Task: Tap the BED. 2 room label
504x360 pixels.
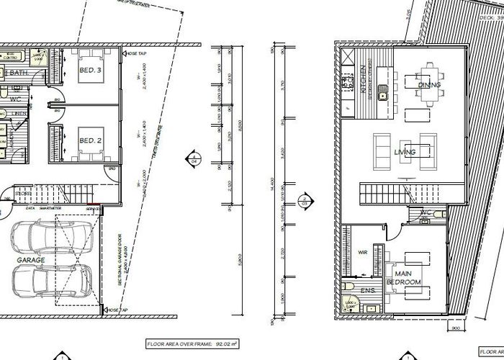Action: [87, 140]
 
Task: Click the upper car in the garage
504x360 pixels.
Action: [50, 237]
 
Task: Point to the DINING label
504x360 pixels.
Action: [429, 85]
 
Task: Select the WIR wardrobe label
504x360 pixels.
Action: [362, 253]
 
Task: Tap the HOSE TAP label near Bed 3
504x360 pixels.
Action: [137, 53]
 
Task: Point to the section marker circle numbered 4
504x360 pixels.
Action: [193, 158]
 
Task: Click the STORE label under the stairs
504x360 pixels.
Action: [23, 193]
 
